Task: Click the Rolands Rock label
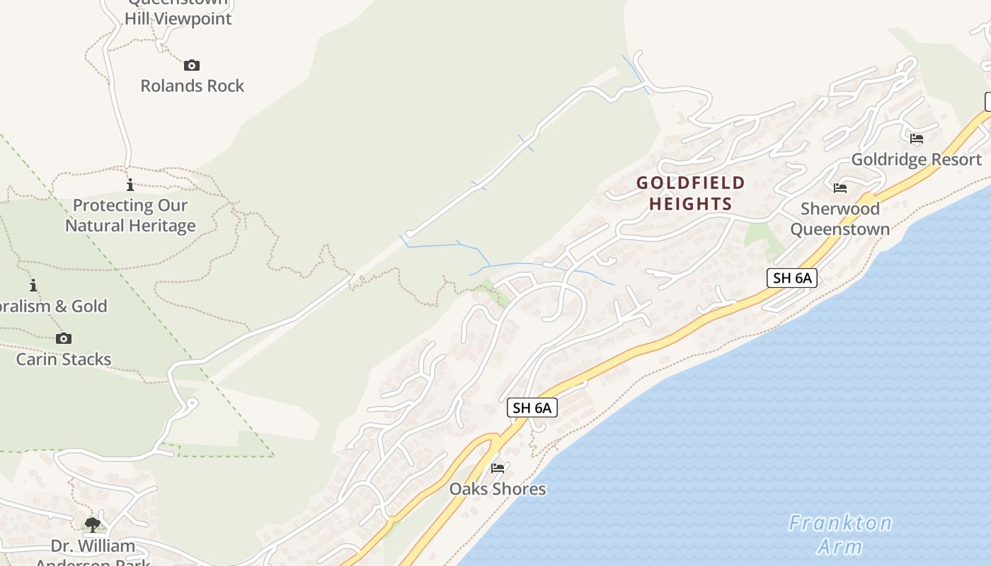tap(192, 86)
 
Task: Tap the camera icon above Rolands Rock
tap(192, 66)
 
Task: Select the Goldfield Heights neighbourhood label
tap(690, 193)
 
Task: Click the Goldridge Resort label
tap(916, 159)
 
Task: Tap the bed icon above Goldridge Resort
tap(917, 138)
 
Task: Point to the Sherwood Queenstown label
tap(840, 219)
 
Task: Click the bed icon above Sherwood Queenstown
tap(840, 187)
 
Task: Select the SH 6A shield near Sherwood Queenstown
tap(792, 278)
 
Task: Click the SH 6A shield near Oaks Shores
tap(532, 408)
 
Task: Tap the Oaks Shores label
tap(498, 489)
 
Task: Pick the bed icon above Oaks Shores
tap(498, 468)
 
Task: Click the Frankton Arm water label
tap(840, 534)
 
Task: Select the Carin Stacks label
tap(64, 359)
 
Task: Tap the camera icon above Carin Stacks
tap(64, 338)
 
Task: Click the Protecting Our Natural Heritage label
tap(130, 215)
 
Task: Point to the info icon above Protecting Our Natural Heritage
tap(130, 185)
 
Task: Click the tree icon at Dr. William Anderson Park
tap(92, 525)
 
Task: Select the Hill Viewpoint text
tap(178, 18)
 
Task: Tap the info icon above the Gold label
tap(33, 286)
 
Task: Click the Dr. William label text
tap(93, 546)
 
